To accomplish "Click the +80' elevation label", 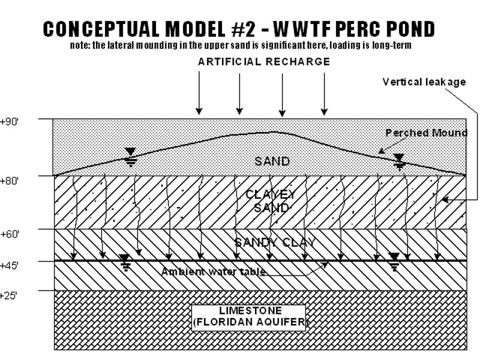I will point(10,179).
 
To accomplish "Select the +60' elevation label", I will point(10,233).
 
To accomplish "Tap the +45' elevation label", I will point(10,265).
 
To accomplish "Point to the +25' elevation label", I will point(10,295).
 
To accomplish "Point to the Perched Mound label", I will point(425,133).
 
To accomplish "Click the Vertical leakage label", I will point(424,82).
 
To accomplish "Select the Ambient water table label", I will point(214,272).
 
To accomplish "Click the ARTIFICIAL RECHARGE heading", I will point(264,62).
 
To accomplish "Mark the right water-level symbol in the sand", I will point(399,160).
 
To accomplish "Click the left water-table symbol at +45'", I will point(124,262).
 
